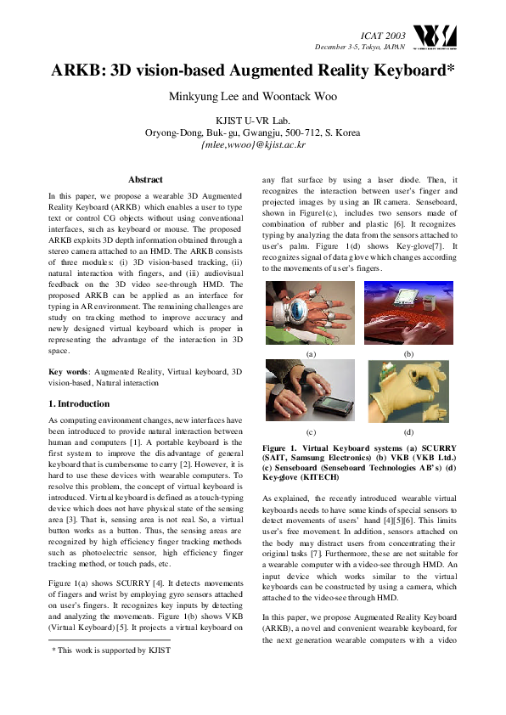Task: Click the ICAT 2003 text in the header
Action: click(x=383, y=35)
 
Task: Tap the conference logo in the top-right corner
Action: click(x=434, y=37)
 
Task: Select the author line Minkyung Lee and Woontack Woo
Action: click(x=253, y=96)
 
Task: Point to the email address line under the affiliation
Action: click(x=253, y=144)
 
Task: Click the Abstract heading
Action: click(x=145, y=179)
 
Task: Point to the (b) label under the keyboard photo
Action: click(x=408, y=352)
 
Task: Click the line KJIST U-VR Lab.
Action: click(x=253, y=121)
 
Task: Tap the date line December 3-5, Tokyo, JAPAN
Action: click(x=360, y=46)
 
